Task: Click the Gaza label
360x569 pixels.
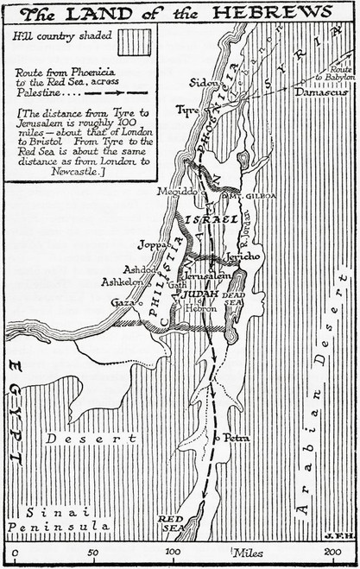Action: tap(123, 303)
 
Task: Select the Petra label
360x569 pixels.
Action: tap(237, 438)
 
